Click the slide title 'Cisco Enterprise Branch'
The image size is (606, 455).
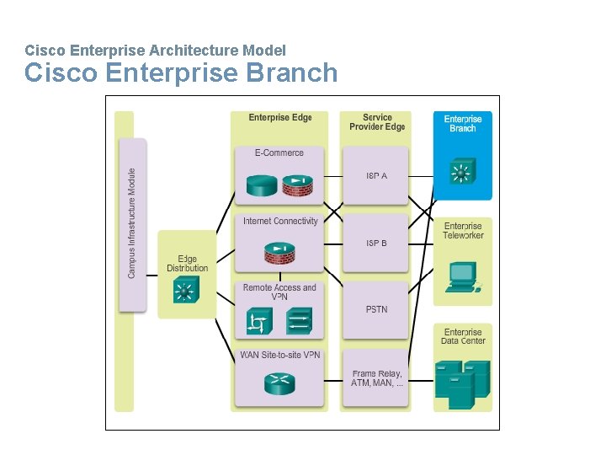click(181, 73)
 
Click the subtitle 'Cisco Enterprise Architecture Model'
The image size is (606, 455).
click(156, 51)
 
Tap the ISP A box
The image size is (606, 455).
click(376, 176)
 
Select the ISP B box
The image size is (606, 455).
click(376, 243)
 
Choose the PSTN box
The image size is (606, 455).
click(376, 309)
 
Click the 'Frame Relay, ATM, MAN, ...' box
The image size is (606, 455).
click(376, 378)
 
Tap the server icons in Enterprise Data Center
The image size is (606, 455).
click(462, 383)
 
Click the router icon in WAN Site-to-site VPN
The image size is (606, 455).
click(279, 383)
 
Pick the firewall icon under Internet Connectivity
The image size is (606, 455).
click(279, 252)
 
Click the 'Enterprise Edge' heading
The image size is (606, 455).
click(280, 118)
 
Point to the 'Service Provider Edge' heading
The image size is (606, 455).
click(376, 122)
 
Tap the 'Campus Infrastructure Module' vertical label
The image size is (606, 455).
click(132, 223)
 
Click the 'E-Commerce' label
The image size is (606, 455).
click(279, 153)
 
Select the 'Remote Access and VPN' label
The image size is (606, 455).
click(279, 292)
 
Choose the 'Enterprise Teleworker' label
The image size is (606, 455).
click(463, 231)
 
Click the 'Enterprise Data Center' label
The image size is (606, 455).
click(463, 336)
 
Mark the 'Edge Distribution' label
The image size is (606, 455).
click(187, 264)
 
